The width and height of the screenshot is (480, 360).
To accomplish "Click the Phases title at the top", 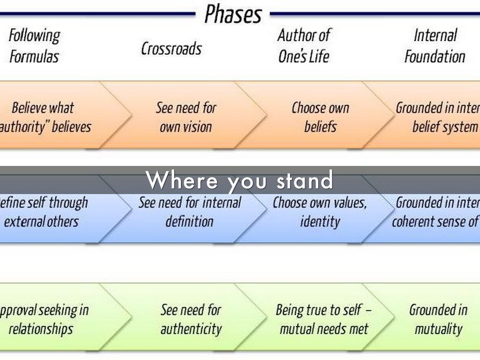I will [232, 15].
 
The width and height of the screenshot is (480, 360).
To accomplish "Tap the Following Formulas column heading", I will [34, 46].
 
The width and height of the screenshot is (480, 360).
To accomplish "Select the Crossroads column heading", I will [172, 48].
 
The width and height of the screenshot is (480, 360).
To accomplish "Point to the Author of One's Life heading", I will [304, 46].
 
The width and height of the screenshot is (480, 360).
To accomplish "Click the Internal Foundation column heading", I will [435, 46].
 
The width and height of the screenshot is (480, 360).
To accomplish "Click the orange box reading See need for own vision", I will [186, 117].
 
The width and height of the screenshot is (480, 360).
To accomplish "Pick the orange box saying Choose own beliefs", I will [320, 117].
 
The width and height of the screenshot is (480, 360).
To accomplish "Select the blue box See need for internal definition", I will [189, 212].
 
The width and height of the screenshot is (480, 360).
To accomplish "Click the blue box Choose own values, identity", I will [320, 212].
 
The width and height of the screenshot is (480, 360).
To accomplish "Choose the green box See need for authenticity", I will [190, 319].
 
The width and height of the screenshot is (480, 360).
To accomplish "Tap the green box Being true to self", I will [323, 319].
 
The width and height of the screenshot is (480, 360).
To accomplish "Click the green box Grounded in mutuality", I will [438, 319].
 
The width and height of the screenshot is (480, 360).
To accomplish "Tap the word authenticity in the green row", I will [190, 329].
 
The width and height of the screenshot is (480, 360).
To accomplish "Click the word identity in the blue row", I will [320, 221].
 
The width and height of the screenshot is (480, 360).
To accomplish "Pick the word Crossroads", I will [172, 48].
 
